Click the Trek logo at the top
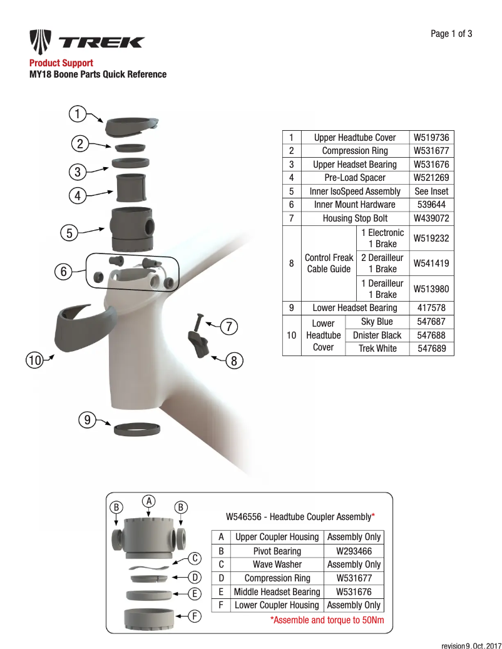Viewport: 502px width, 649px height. [87, 43]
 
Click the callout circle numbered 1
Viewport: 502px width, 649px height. [77, 114]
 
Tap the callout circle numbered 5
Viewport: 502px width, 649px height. [69, 233]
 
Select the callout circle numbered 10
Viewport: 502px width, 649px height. [34, 360]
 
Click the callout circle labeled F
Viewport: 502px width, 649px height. [195, 616]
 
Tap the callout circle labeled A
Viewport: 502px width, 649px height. [148, 501]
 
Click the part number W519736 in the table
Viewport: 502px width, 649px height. [431, 138]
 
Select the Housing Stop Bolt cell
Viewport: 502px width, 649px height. [354, 218]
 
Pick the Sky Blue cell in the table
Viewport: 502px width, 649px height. [377, 322]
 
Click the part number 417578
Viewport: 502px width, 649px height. [431, 308]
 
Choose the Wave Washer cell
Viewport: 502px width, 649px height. [277, 565]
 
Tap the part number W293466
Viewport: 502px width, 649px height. [354, 551]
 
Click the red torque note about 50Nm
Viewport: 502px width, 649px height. [327, 620]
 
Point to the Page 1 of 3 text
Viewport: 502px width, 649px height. [451, 34]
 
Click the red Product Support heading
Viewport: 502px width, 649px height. [61, 63]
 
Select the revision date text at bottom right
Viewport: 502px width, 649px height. [471, 645]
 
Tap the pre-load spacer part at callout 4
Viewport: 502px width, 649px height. [132, 186]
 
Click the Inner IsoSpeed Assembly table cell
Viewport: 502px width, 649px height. [354, 192]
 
